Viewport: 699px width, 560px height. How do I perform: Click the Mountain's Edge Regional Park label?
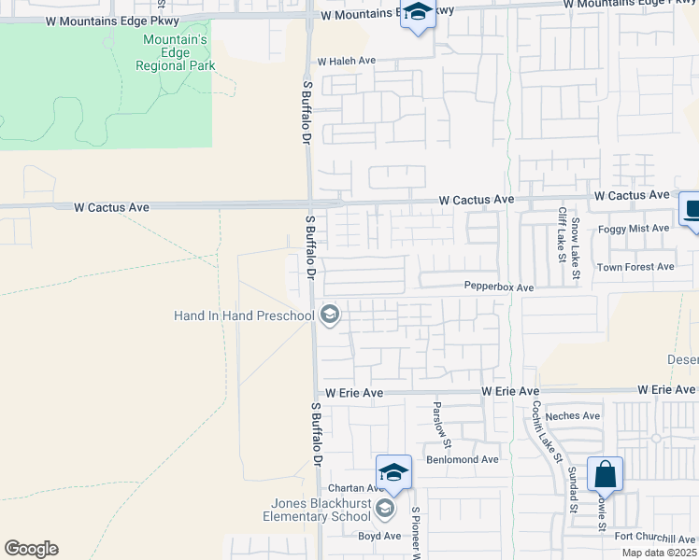pyautogui.click(x=175, y=52)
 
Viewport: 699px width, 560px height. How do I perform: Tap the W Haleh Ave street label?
pyautogui.click(x=346, y=61)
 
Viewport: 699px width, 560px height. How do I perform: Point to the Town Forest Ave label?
pyautogui.click(x=635, y=267)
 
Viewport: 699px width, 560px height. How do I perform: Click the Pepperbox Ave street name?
pyautogui.click(x=499, y=287)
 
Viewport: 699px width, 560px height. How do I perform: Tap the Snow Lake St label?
pyautogui.click(x=577, y=246)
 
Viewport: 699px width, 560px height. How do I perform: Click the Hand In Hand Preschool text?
pyautogui.click(x=244, y=315)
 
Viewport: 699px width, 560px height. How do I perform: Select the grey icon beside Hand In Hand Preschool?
pyautogui.click(x=329, y=315)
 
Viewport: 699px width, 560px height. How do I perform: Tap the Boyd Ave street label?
pyautogui.click(x=378, y=536)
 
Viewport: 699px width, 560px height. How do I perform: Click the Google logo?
pyautogui.click(x=31, y=549)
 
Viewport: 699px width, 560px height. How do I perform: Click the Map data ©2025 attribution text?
pyautogui.click(x=659, y=553)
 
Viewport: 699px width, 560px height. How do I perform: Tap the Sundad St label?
pyautogui.click(x=572, y=493)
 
